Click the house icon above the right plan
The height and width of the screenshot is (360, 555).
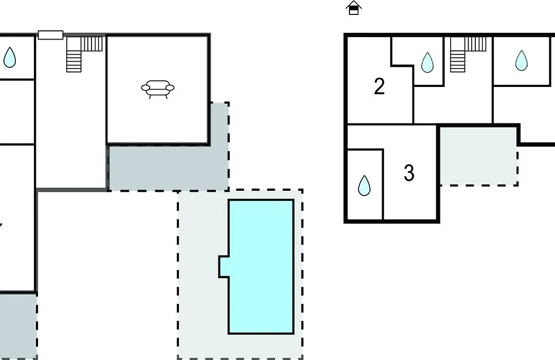pos(354,8)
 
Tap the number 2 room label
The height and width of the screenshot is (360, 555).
pos(379,86)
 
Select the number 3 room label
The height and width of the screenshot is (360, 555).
pos(409,173)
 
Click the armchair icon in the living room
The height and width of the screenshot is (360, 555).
pos(158,89)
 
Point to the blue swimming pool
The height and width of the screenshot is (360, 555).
pos(261,266)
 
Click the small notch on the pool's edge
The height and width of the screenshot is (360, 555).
pos(224,266)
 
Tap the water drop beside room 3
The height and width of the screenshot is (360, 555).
pos(364,185)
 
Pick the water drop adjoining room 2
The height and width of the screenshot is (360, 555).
pos(428,63)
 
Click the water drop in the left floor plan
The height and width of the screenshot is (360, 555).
pos(10,58)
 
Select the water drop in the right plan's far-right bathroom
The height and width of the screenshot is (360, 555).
pos(522,61)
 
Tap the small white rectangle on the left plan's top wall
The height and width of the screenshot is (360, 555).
pos(50,35)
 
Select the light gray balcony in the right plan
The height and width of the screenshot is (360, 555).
pos(478,156)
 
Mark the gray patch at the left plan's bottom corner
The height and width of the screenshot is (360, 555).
pos(18,326)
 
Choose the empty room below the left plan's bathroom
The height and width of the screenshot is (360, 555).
pos(17,112)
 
